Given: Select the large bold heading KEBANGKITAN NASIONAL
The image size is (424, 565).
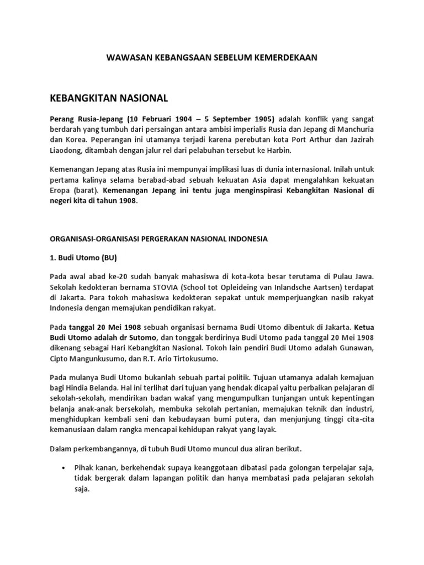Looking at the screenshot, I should pyautogui.click(x=108, y=98).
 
